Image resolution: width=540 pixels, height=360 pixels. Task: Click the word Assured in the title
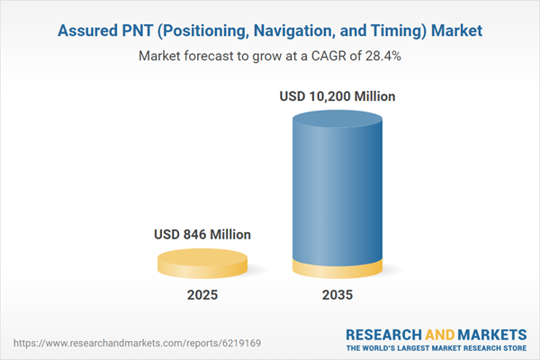(x=89, y=31)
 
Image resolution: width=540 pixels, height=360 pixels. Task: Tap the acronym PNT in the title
(x=141, y=31)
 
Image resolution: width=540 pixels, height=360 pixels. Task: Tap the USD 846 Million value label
(x=202, y=235)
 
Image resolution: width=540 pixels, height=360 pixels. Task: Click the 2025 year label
(x=202, y=295)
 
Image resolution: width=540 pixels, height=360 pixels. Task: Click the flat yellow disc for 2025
(x=202, y=262)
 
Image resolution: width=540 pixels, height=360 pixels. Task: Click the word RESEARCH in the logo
(x=385, y=333)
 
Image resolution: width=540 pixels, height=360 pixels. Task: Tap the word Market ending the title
(x=457, y=31)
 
